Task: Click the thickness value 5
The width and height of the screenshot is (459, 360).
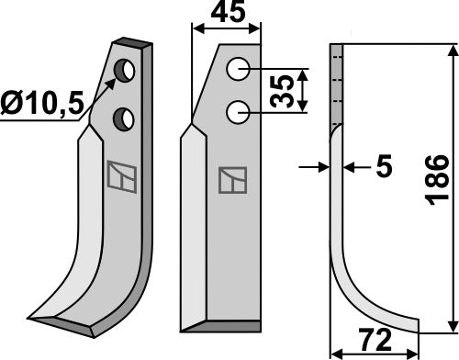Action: click(384, 167)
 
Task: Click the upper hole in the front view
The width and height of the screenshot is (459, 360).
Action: click(239, 68)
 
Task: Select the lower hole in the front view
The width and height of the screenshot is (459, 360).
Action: click(239, 110)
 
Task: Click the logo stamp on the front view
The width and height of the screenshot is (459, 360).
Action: click(230, 181)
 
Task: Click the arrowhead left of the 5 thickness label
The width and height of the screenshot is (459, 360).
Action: click(323, 167)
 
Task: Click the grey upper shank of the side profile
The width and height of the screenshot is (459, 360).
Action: click(336, 87)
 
